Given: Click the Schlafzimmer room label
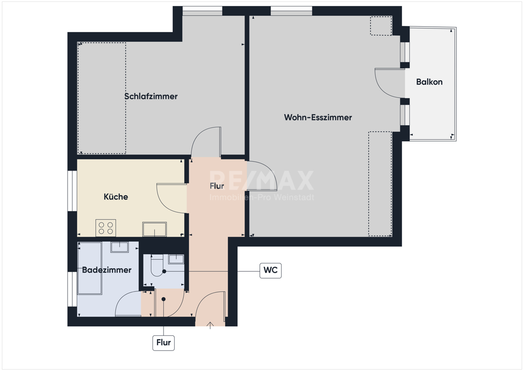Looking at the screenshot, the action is point(151,96).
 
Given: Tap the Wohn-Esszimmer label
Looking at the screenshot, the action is point(318,117).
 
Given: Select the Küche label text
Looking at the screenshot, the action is point(116,197).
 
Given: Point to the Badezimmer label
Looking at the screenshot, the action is point(107,270).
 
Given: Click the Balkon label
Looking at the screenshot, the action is point(429,82).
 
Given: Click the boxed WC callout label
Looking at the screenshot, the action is point(271,270).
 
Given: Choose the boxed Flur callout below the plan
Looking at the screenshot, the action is point(164,343).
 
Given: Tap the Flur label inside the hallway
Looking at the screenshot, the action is point(216,186).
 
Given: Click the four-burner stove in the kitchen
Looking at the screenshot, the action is point(106,228).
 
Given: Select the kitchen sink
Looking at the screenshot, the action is point(154,229).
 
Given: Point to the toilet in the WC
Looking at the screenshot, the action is point(158,266).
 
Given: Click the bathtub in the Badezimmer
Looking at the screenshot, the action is point(89,269).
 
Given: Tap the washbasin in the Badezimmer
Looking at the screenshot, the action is point(120,247).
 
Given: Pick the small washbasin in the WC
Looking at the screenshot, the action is point(176,259).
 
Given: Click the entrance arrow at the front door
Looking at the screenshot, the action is point(210,325).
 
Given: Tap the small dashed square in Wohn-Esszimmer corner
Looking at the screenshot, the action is point(381,26).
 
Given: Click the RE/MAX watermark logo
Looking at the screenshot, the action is point(262,181).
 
